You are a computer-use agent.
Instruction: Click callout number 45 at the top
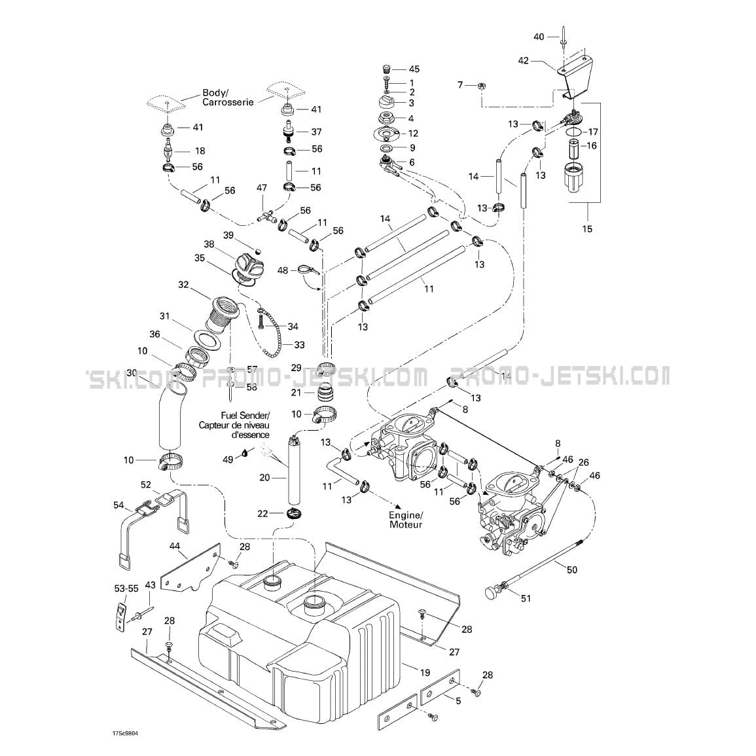(x=414, y=69)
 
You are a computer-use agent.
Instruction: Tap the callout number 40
(x=539, y=37)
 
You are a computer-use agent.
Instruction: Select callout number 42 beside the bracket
(x=523, y=61)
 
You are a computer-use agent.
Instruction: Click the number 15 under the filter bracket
(x=586, y=228)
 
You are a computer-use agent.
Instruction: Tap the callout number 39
(x=228, y=235)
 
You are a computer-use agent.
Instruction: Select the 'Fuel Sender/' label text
(x=245, y=415)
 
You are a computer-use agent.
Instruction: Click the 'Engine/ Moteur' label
(x=405, y=520)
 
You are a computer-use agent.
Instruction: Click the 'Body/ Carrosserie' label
(x=228, y=98)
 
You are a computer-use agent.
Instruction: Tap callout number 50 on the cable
(x=571, y=570)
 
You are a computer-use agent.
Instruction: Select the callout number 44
(x=175, y=546)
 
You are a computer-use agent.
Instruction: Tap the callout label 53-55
(x=126, y=588)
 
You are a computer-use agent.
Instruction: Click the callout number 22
(x=262, y=514)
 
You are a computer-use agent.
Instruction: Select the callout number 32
(x=183, y=285)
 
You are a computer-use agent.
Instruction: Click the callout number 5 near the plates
(x=458, y=700)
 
